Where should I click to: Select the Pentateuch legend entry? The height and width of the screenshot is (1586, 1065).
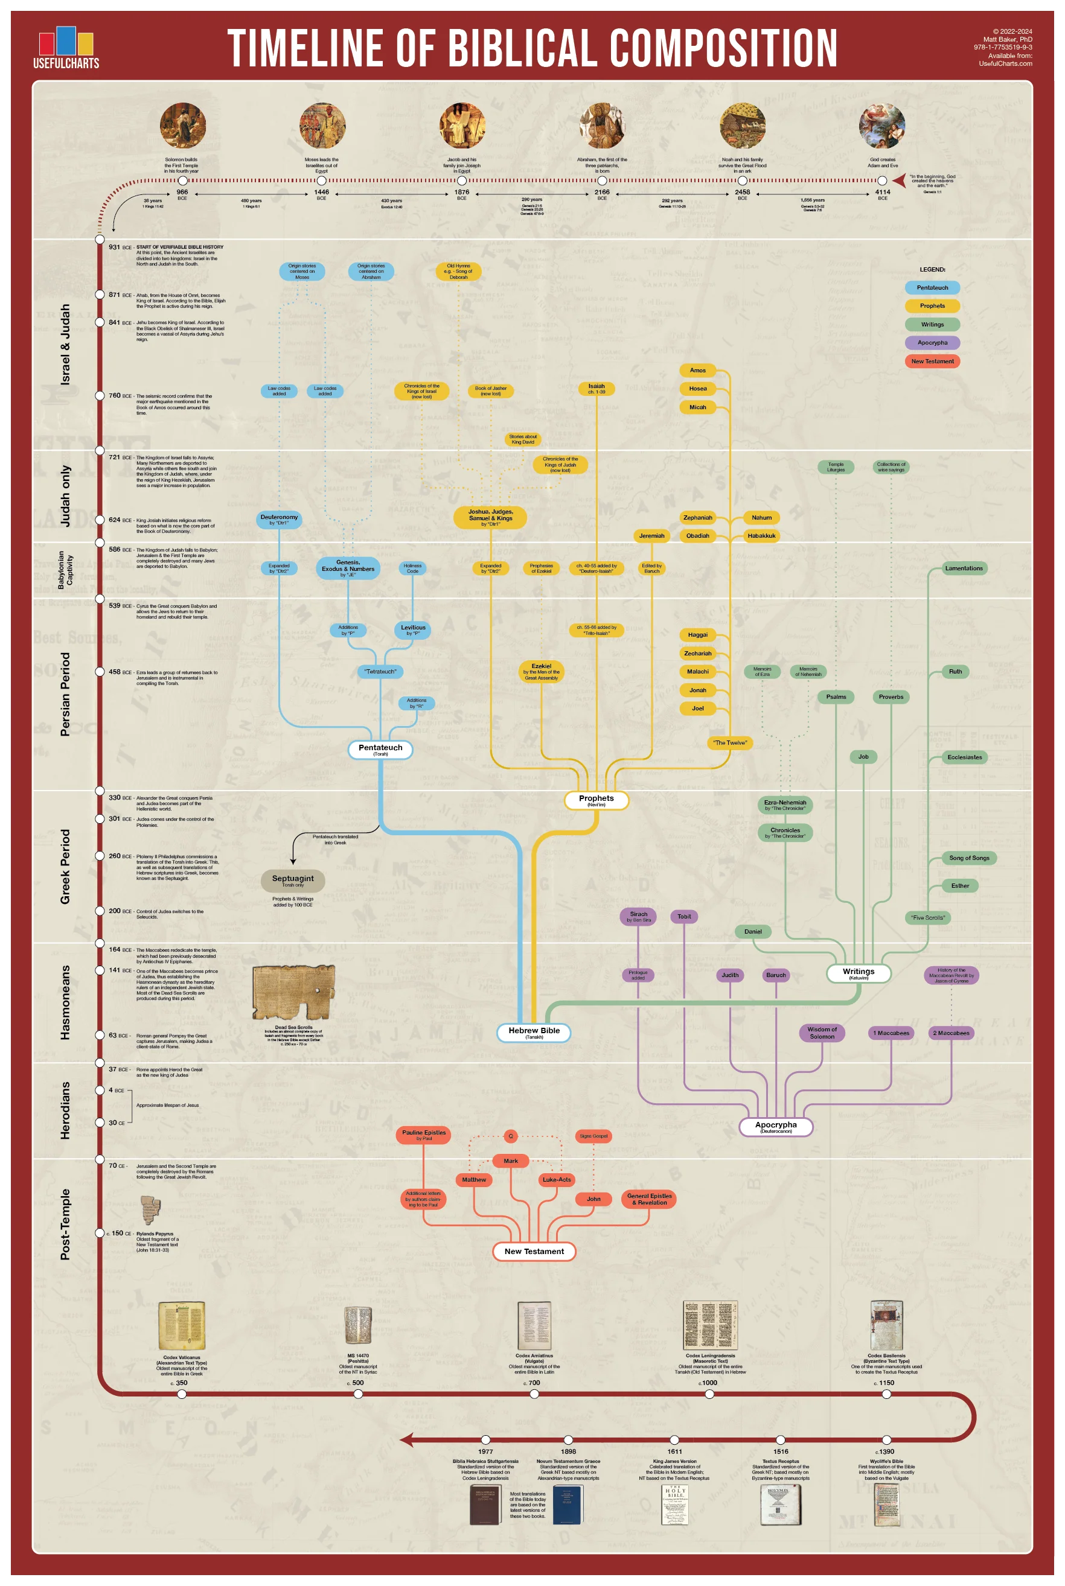[932, 288]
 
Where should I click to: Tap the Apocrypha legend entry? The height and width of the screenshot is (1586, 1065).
[932, 343]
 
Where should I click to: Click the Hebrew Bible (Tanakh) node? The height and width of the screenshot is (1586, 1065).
[534, 1032]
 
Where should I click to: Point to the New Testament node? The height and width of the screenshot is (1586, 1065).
[534, 1251]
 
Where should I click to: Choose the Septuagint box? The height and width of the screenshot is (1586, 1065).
[293, 880]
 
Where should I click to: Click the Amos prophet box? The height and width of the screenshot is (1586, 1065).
[697, 371]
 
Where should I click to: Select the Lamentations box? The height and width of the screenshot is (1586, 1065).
[963, 568]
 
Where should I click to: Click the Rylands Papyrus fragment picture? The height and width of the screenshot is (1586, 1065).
[150, 1210]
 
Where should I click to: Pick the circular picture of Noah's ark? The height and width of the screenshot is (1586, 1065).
[743, 126]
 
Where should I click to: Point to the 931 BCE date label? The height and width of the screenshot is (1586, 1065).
[114, 247]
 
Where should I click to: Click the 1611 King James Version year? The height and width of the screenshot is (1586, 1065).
[674, 1451]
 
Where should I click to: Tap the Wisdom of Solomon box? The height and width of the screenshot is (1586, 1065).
[822, 1033]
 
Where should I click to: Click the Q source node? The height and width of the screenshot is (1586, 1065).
[511, 1136]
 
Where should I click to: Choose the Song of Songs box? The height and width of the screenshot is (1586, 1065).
[968, 858]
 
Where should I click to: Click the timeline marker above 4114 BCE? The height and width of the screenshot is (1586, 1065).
[881, 180]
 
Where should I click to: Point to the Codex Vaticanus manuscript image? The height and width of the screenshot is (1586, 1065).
[181, 1325]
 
